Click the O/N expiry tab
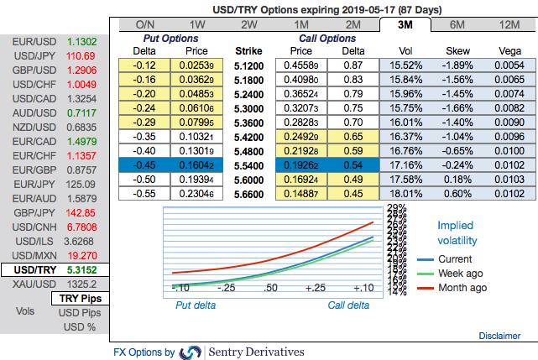click(x=144, y=24)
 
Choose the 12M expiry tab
click(x=509, y=24)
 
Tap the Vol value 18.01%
click(x=405, y=193)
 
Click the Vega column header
click(x=509, y=50)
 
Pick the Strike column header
click(x=248, y=50)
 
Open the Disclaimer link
click(x=499, y=336)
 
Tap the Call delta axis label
click(x=347, y=305)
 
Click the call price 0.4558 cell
click(x=300, y=65)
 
